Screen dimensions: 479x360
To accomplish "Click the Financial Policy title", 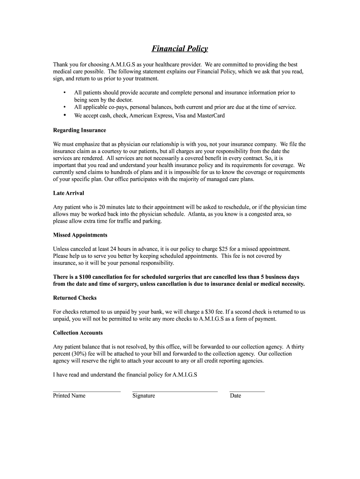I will [x=180, y=49].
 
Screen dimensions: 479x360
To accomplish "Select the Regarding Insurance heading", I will [x=79, y=130].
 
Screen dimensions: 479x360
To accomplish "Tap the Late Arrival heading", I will [x=68, y=193].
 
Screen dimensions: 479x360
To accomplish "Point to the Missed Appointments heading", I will [x=80, y=235].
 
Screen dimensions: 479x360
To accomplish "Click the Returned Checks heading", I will [x=75, y=298].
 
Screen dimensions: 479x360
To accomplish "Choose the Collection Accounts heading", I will [x=78, y=333].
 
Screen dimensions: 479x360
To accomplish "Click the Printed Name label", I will [x=69, y=396].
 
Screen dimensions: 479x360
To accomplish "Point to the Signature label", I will [x=144, y=396].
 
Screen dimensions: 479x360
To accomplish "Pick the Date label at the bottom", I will [x=235, y=396].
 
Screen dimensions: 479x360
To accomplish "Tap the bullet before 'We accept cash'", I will [x=64, y=115].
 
